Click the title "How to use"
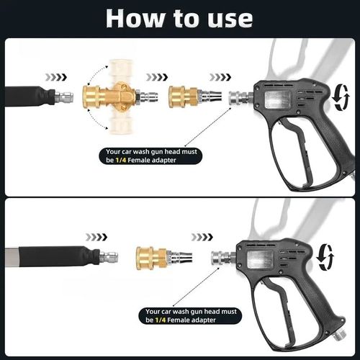coord(179,19)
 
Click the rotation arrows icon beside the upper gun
coord(342,97)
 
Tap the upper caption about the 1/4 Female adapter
coord(153,156)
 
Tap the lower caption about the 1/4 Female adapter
coord(192,315)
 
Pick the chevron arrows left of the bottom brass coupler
coord(96,236)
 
